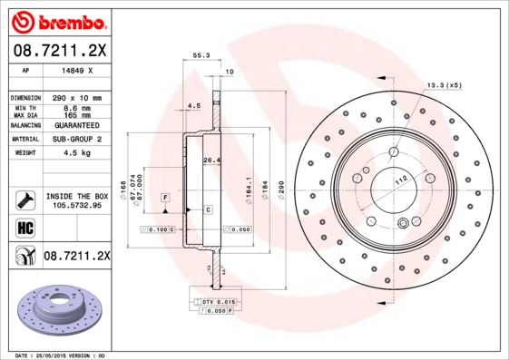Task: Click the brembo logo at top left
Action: click(x=56, y=20)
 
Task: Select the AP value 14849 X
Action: click(x=74, y=69)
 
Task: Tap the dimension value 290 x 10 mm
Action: click(x=80, y=97)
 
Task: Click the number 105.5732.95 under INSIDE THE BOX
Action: click(x=77, y=206)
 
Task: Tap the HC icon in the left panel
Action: click(x=24, y=227)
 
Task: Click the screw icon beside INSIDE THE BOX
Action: click(x=24, y=199)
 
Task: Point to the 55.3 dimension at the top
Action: click(x=201, y=55)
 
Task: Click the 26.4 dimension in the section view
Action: click(x=211, y=161)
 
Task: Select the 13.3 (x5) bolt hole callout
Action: click(x=442, y=85)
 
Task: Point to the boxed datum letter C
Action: click(x=208, y=209)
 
